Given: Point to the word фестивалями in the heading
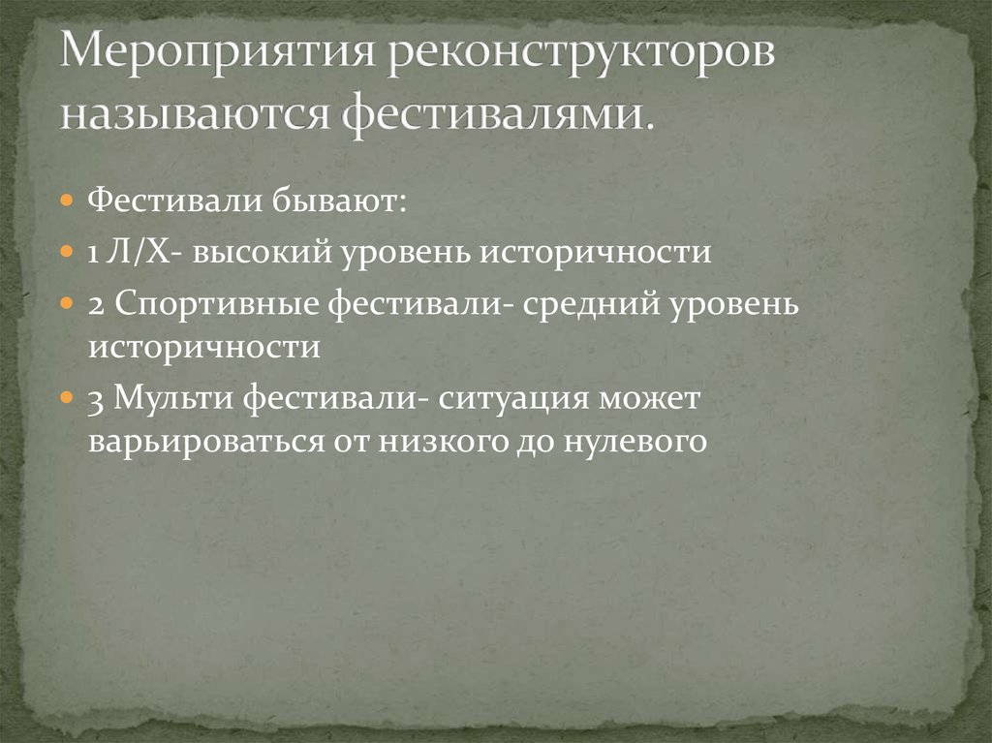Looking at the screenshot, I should point(495,115).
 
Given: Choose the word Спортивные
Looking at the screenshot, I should point(215,304).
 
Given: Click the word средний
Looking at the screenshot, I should point(590,304).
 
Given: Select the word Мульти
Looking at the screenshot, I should point(170,399).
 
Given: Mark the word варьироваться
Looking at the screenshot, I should point(205,442).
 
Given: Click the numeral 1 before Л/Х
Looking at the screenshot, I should point(94,253).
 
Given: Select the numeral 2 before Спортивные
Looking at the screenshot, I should point(95,304).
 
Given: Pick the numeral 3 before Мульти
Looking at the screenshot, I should point(95,399).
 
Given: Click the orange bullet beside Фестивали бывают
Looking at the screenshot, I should point(66,202).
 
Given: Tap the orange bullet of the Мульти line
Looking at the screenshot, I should point(66,398).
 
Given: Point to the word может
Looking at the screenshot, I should point(657,399).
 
